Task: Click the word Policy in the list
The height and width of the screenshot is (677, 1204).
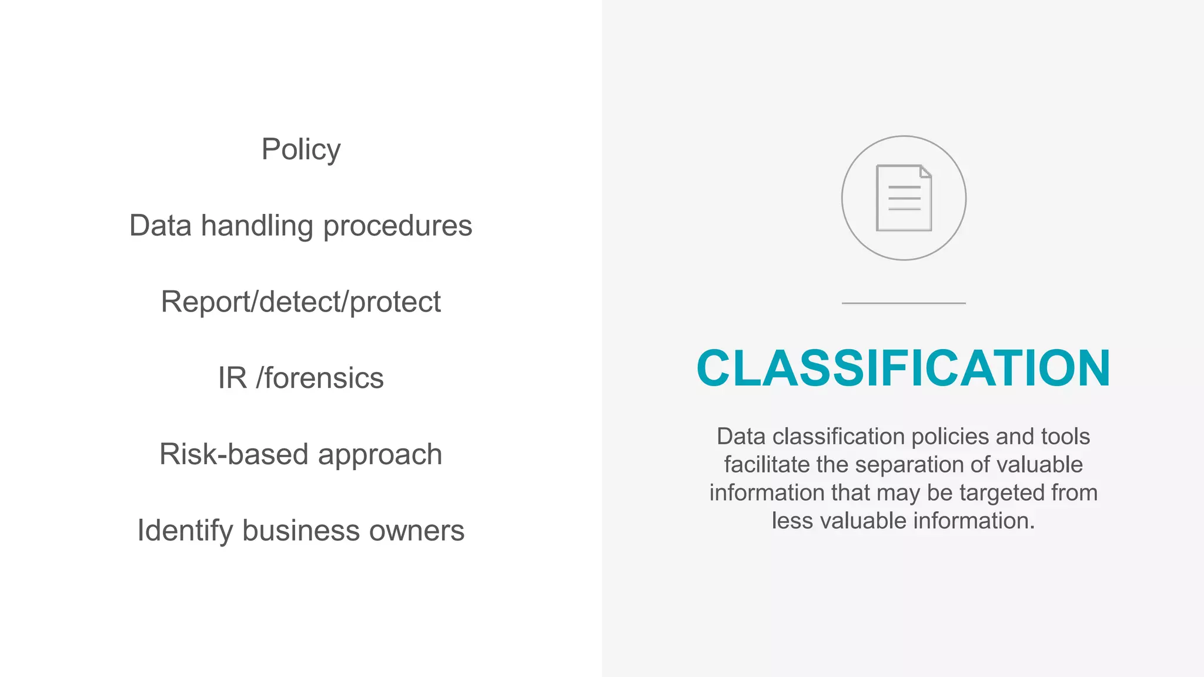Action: point(301,149)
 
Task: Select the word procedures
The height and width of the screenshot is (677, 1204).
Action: point(397,226)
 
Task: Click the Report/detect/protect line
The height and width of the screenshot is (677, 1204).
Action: point(300,302)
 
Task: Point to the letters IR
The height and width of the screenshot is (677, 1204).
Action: point(232,378)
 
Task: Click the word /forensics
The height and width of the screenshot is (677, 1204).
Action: point(320,378)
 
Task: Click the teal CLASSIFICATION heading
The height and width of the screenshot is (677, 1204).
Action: point(903,368)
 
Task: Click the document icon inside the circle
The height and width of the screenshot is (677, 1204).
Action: point(904,198)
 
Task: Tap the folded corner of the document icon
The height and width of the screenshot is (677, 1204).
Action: point(925,171)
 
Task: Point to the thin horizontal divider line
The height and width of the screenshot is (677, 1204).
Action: point(904,303)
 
